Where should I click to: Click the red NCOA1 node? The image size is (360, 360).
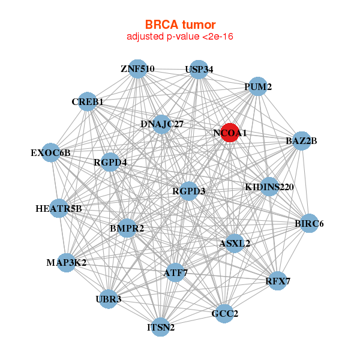[x=229, y=133]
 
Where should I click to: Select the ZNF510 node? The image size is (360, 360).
[x=138, y=68]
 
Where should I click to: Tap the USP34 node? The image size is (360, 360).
[x=199, y=70]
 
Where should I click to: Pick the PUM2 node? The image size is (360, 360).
[x=257, y=86]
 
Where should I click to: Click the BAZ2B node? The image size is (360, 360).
[x=301, y=142]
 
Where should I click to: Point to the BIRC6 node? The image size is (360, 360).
[x=309, y=224]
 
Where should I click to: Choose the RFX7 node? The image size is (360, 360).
[x=277, y=281]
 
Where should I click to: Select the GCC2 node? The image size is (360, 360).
[x=224, y=313]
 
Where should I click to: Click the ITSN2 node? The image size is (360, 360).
[x=161, y=327]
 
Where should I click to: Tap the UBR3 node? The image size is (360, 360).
[x=108, y=299]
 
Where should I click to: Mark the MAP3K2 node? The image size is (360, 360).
[x=67, y=263]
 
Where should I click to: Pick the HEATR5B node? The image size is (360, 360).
[x=59, y=209]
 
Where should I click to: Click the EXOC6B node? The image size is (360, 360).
[x=51, y=152]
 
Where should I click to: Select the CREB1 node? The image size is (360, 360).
[x=88, y=102]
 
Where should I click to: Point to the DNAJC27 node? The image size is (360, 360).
[x=162, y=124]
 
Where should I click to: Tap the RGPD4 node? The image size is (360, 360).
[x=110, y=162]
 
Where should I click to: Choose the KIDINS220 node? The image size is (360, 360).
[x=269, y=187]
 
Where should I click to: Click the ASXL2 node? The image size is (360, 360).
[x=235, y=244]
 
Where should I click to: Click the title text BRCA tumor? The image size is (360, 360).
[x=180, y=25]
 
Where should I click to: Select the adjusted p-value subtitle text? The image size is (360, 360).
[x=180, y=37]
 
